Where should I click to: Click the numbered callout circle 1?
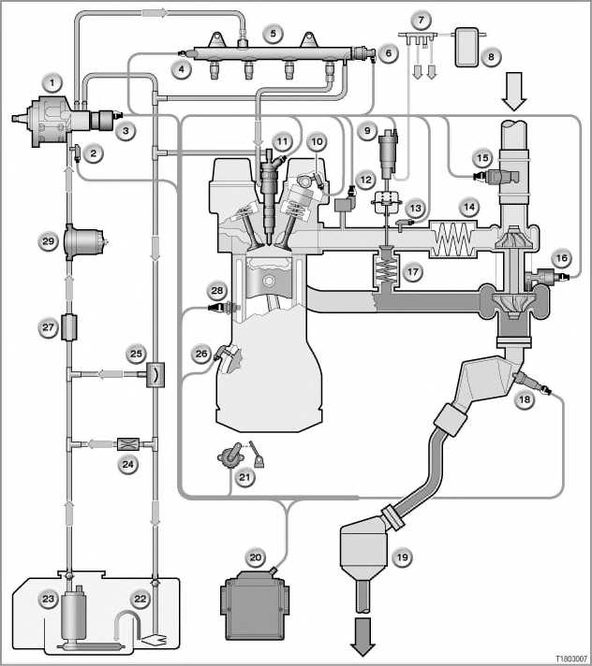[x=52, y=82]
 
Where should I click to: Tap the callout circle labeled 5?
[x=273, y=33]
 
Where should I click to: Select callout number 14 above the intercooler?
[x=469, y=207]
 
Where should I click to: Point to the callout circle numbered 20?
[x=255, y=557]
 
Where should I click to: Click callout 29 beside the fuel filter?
[x=48, y=241]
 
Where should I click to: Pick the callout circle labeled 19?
[x=403, y=557]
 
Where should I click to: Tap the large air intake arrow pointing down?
[x=513, y=92]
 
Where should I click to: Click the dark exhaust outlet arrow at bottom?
[x=363, y=636]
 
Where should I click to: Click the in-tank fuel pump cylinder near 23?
[x=74, y=614]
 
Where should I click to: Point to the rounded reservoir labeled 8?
[x=466, y=47]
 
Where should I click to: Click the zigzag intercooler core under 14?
[x=453, y=239]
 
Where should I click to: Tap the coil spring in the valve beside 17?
[x=387, y=268]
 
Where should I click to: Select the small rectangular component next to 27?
[x=69, y=327]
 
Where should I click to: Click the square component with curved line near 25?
[x=155, y=374]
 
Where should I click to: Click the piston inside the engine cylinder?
[x=269, y=275]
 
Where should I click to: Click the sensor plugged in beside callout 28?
[x=222, y=307]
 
